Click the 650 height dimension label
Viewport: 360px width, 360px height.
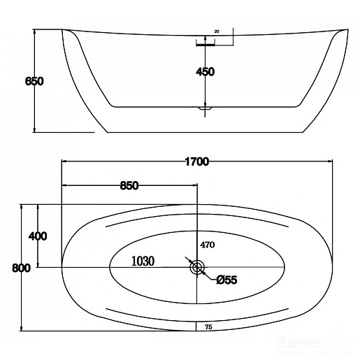[x=34, y=81]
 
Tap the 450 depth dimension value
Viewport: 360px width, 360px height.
[x=205, y=72]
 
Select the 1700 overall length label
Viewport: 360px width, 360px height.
[x=197, y=161]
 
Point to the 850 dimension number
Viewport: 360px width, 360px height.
[x=129, y=186]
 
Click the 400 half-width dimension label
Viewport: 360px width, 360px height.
[x=38, y=236]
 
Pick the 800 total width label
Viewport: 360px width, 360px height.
[x=21, y=268]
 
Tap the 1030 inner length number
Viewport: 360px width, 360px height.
[x=143, y=261]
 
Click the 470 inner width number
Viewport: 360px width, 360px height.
[x=208, y=245]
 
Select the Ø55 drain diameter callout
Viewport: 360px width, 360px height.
[x=226, y=280]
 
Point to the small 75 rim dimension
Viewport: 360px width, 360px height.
[x=209, y=327]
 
